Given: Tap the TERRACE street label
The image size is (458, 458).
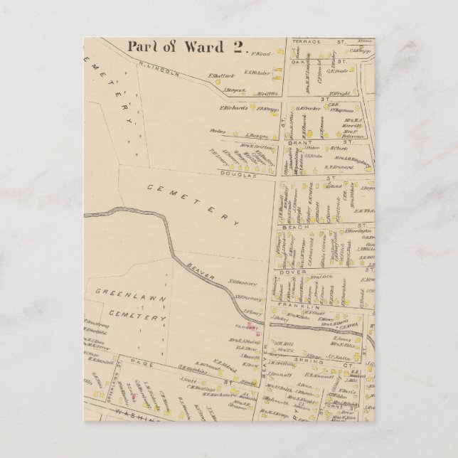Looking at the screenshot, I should [307, 42].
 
